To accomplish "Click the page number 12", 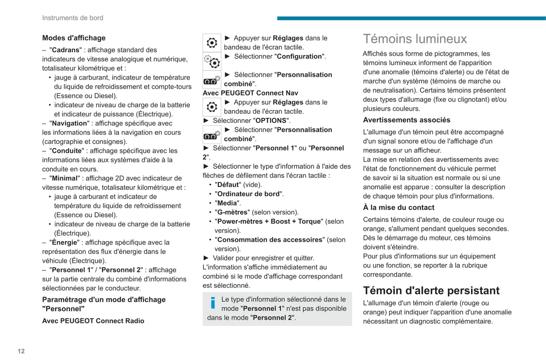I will click(x=21, y=351).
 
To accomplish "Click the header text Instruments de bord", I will click(x=73, y=18).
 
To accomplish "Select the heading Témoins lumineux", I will click(x=415, y=39).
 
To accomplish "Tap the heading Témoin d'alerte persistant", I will click(x=431, y=290).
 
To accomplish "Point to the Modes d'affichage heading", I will click(x=74, y=38).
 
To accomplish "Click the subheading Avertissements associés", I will click(x=407, y=120).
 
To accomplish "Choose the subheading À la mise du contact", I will click(x=399, y=207).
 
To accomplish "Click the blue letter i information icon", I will click(x=213, y=302).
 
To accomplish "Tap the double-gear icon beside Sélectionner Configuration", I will click(x=212, y=61).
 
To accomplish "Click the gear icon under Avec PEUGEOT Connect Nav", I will click(x=212, y=107).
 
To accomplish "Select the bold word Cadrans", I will click(x=65, y=50).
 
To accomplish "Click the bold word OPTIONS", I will click(x=271, y=120).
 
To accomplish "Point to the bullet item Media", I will click(x=227, y=203).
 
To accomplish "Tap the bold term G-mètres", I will click(x=232, y=212).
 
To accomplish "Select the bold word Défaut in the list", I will click(x=228, y=185).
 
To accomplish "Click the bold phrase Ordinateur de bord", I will click(x=249, y=194).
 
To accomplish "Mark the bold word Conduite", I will click(x=67, y=151).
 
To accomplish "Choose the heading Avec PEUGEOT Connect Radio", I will click(x=93, y=321).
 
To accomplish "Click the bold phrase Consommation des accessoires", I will click(x=271, y=240).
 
